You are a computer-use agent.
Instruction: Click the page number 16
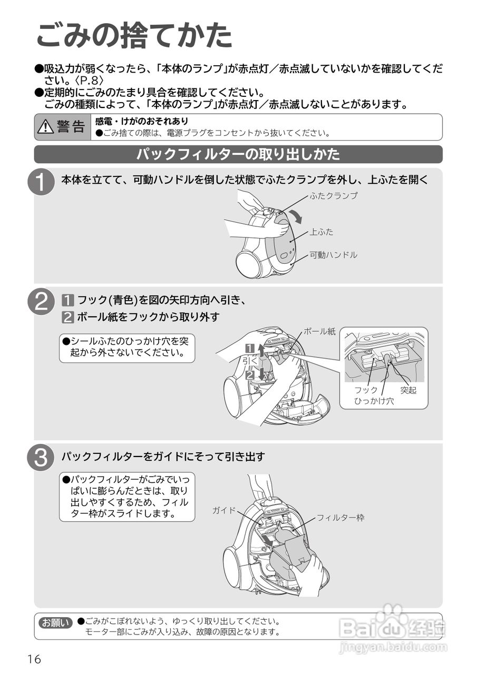pos(35,659)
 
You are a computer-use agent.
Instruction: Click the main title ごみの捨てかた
pos(134,36)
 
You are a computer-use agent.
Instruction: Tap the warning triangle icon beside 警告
pos(46,127)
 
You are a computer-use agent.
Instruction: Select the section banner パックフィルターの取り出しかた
pos(238,154)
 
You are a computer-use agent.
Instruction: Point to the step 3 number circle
pos(41,457)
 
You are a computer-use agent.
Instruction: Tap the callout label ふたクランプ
pos(334,195)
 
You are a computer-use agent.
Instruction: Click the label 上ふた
pos(322,232)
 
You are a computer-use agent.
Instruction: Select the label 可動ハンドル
pos(333,255)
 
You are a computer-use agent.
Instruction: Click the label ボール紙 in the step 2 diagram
pos(319,332)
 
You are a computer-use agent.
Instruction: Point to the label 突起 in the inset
pos(408,390)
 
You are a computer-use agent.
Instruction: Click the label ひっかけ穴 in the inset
pos(374,401)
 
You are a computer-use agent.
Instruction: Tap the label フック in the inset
pos(366,390)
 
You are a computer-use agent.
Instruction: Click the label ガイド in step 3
pos(224,510)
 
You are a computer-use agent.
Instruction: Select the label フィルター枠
pos(340,518)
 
